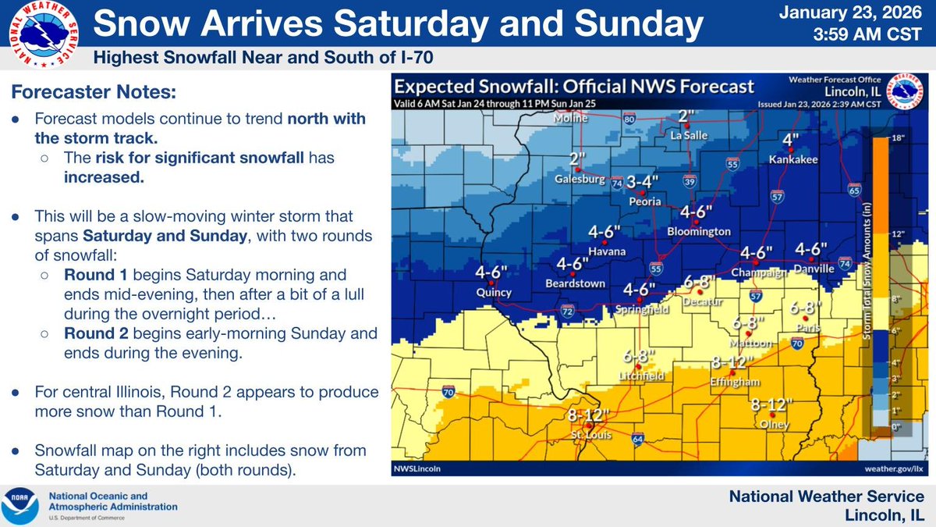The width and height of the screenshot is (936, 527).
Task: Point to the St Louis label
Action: pos(587,434)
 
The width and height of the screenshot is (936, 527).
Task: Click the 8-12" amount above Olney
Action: pos(771,405)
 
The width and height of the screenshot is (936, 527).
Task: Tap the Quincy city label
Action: pos(493,293)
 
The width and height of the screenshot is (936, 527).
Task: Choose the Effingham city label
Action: pos(731,381)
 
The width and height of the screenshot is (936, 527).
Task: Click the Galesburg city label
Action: pos(580,179)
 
